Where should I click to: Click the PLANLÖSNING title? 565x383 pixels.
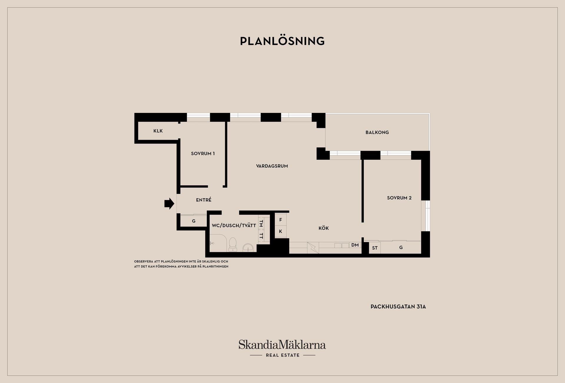point(282,41)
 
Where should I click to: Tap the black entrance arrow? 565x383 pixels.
point(169,203)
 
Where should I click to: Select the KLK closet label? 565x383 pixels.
point(158,131)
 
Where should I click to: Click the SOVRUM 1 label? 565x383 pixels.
point(203,154)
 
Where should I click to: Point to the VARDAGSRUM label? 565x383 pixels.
point(272,166)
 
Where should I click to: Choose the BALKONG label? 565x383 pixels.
point(377,132)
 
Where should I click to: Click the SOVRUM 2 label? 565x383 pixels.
point(399,198)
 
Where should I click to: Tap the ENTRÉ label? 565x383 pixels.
point(204,200)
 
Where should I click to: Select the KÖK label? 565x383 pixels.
point(324,228)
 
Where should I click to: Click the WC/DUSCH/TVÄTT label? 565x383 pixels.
point(234,226)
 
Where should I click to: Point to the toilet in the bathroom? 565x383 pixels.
point(233,244)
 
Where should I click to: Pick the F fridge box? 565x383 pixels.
point(280,220)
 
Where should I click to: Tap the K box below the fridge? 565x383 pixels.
point(280,232)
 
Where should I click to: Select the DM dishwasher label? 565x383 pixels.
point(355,245)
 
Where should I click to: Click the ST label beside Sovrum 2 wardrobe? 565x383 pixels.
point(375,248)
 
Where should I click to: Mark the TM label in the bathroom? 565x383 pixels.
point(261,224)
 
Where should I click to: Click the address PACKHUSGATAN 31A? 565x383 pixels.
point(398,307)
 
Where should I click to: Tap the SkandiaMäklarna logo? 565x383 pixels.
point(282,348)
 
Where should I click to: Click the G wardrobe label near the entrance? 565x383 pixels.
point(194,221)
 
